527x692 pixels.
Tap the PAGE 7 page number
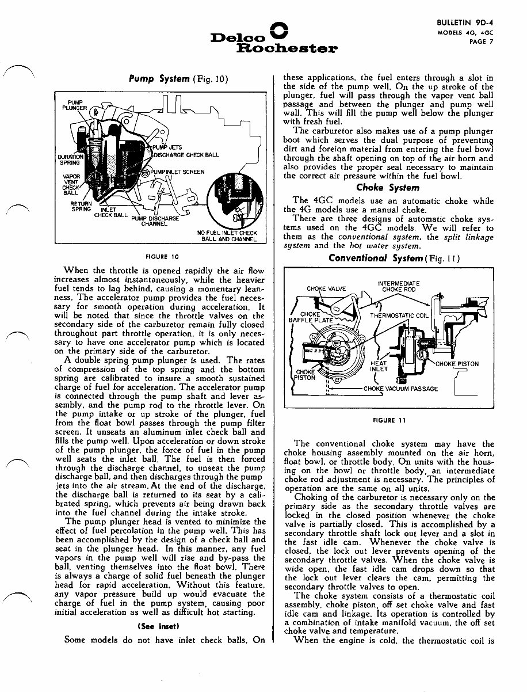point(478,41)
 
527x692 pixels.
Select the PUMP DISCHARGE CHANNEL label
point(155,221)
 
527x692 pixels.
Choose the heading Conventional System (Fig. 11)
point(385,258)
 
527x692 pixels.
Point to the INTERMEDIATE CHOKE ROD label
point(398,286)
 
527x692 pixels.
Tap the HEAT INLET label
point(379,366)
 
